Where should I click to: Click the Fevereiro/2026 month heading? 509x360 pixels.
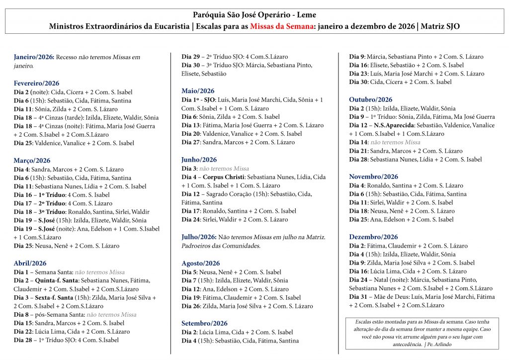[36, 83]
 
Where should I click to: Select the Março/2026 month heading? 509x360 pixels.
[32, 161]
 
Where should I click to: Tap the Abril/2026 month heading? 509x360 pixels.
[30, 263]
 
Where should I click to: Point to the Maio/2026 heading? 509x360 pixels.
[198, 91]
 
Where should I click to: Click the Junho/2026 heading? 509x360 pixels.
[199, 160]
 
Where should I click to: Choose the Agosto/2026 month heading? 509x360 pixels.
[200, 263]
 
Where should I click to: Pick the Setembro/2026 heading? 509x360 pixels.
[204, 323]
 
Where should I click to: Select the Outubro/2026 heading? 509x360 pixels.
[371, 99]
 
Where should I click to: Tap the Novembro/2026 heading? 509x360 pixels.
[373, 177]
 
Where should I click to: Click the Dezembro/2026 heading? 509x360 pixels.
[373, 237]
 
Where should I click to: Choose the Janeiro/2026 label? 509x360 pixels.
[34, 57]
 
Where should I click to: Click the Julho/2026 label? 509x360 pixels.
[199, 237]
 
